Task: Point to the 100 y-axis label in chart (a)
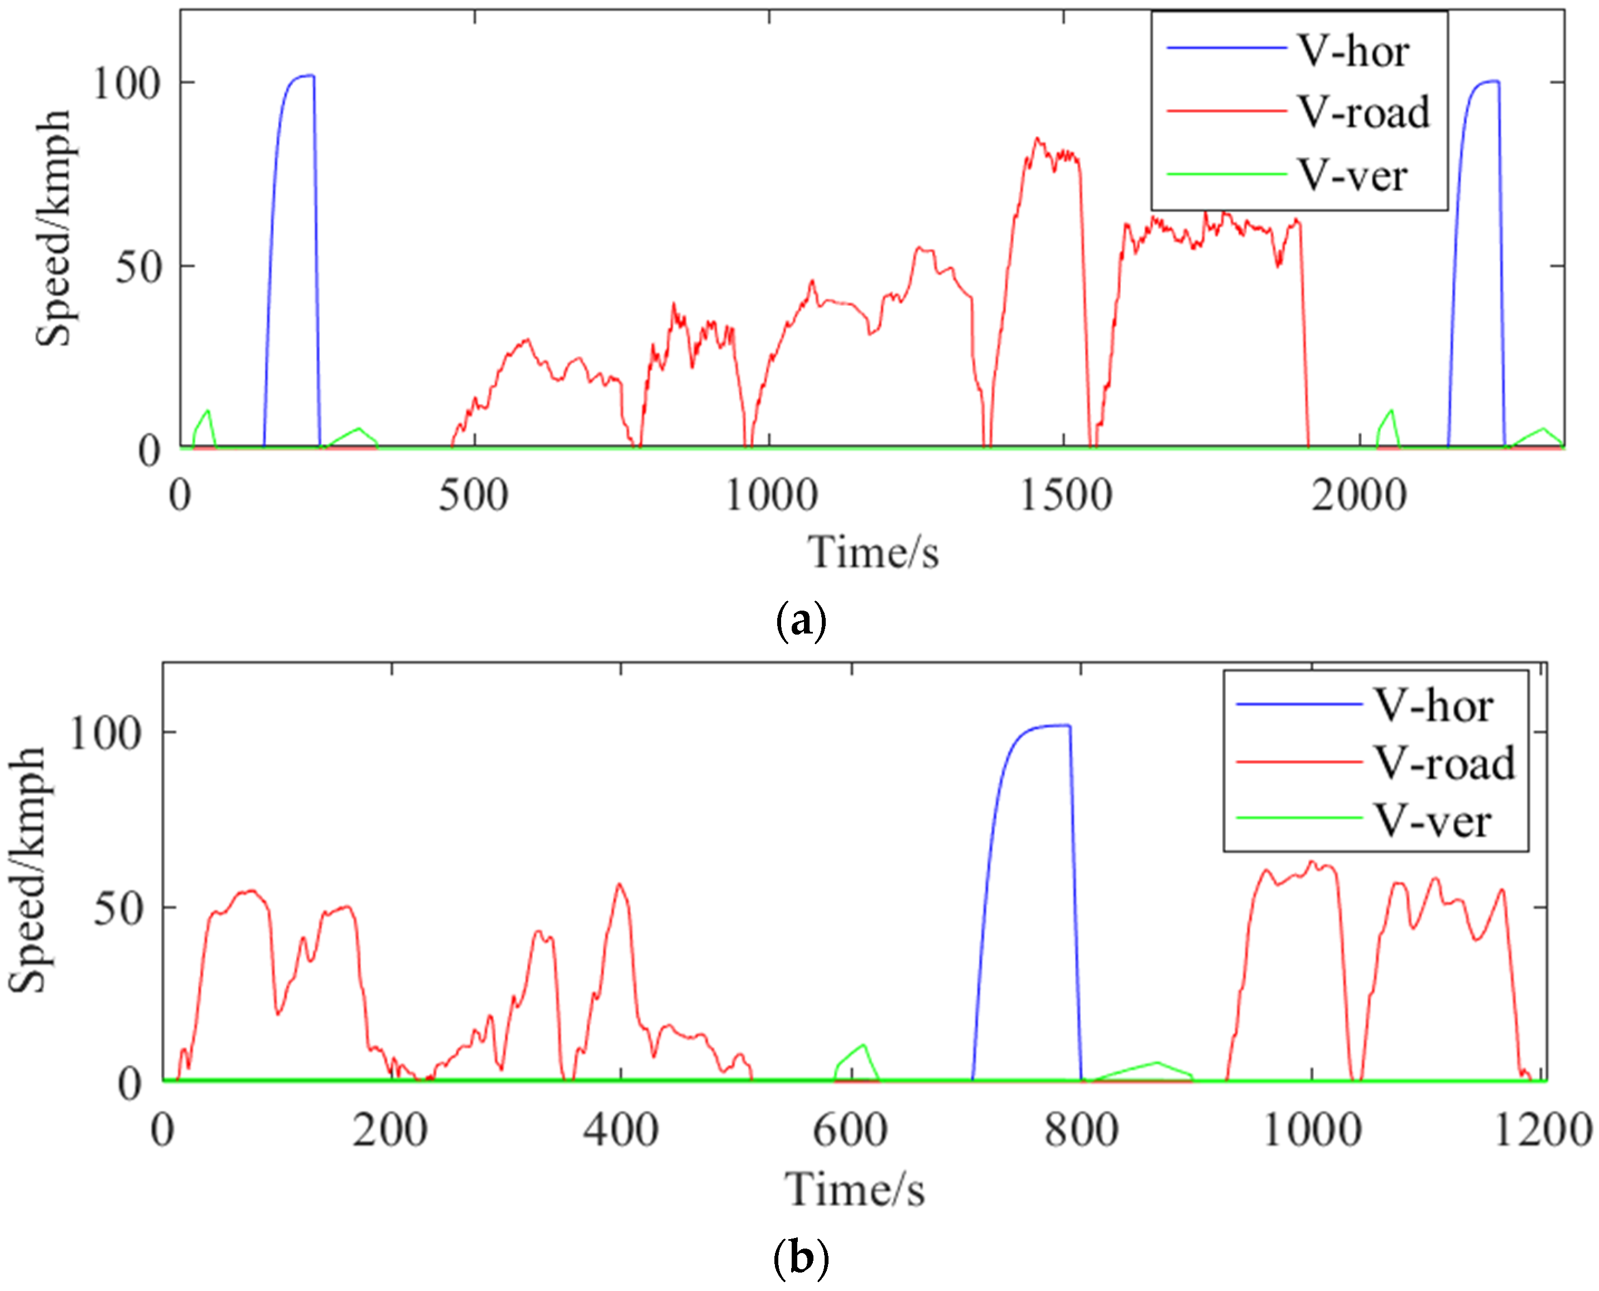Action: tap(127, 83)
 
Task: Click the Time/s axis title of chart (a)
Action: tap(874, 553)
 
